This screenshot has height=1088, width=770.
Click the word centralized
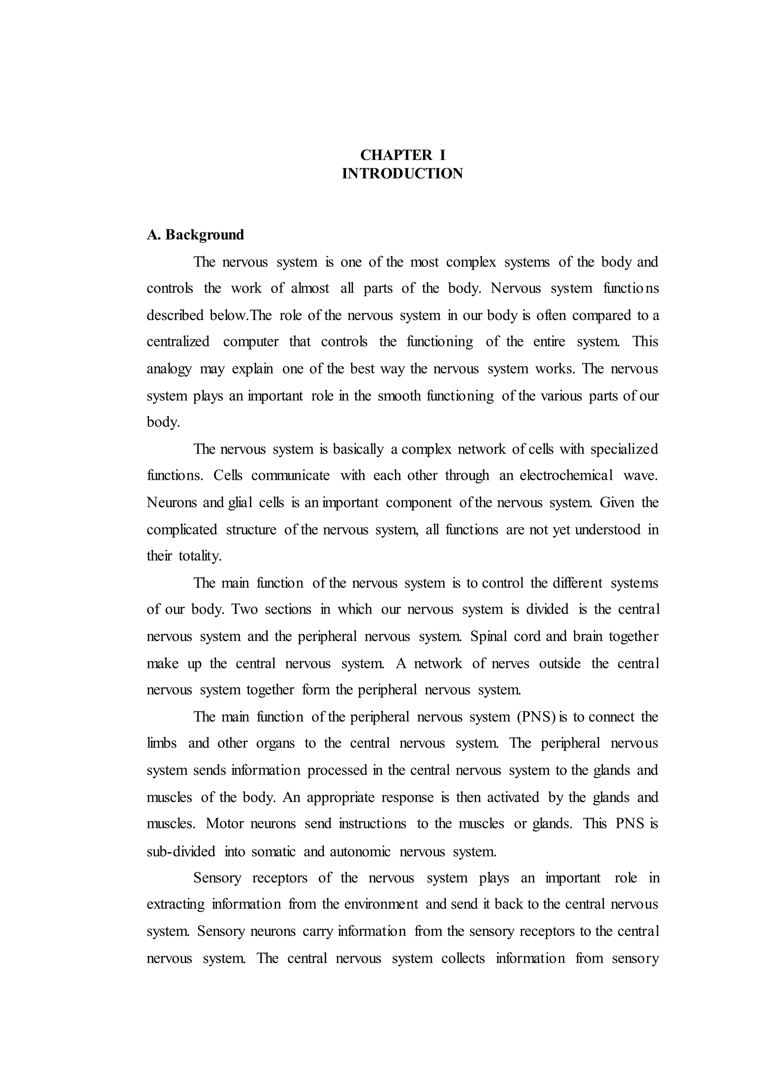(x=178, y=342)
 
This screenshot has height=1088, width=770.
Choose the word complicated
(x=182, y=529)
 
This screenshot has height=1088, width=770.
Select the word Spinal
(x=488, y=636)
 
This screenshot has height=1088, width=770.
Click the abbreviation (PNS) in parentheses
(x=536, y=716)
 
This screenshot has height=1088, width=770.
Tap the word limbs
(x=162, y=743)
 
